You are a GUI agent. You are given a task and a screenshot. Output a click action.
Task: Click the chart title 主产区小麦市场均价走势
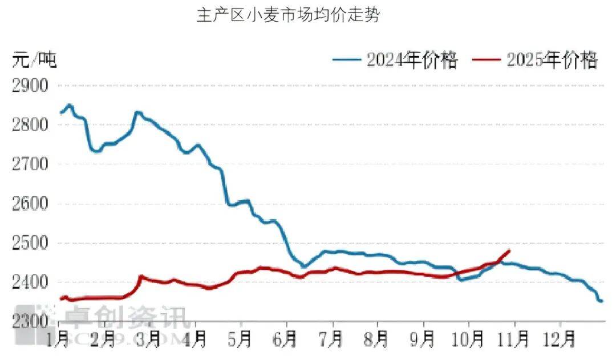287,15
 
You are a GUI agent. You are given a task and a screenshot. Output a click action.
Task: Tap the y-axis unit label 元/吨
34,59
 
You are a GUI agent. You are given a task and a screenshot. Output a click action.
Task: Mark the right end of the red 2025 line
509,250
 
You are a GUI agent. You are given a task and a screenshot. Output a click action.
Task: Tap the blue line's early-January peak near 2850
70,106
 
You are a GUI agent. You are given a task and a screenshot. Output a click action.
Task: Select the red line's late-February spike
141,277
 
